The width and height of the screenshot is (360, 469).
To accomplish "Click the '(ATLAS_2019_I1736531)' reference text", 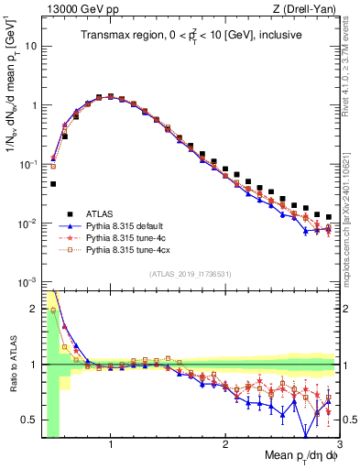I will point(190,274).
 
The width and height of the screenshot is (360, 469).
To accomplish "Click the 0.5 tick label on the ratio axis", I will point(28,420).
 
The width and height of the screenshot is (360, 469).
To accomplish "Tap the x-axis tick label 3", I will point(338,444).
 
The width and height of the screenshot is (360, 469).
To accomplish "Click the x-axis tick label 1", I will point(111,444).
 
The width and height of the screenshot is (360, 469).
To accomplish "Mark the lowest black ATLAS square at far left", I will point(52,183).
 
